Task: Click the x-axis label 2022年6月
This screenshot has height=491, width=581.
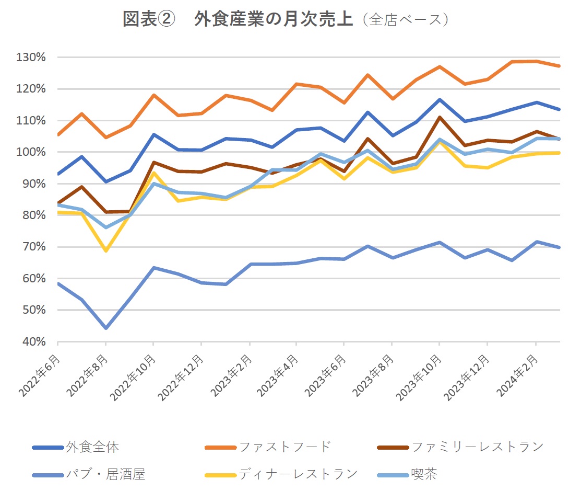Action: point(39,375)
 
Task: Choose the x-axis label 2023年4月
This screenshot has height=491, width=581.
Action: point(278,375)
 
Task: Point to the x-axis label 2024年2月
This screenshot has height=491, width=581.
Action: point(517,375)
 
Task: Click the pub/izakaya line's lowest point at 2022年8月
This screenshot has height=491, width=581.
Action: point(106,328)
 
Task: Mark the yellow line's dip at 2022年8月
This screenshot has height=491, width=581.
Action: point(106,251)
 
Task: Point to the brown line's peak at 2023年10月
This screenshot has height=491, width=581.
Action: point(440,117)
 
